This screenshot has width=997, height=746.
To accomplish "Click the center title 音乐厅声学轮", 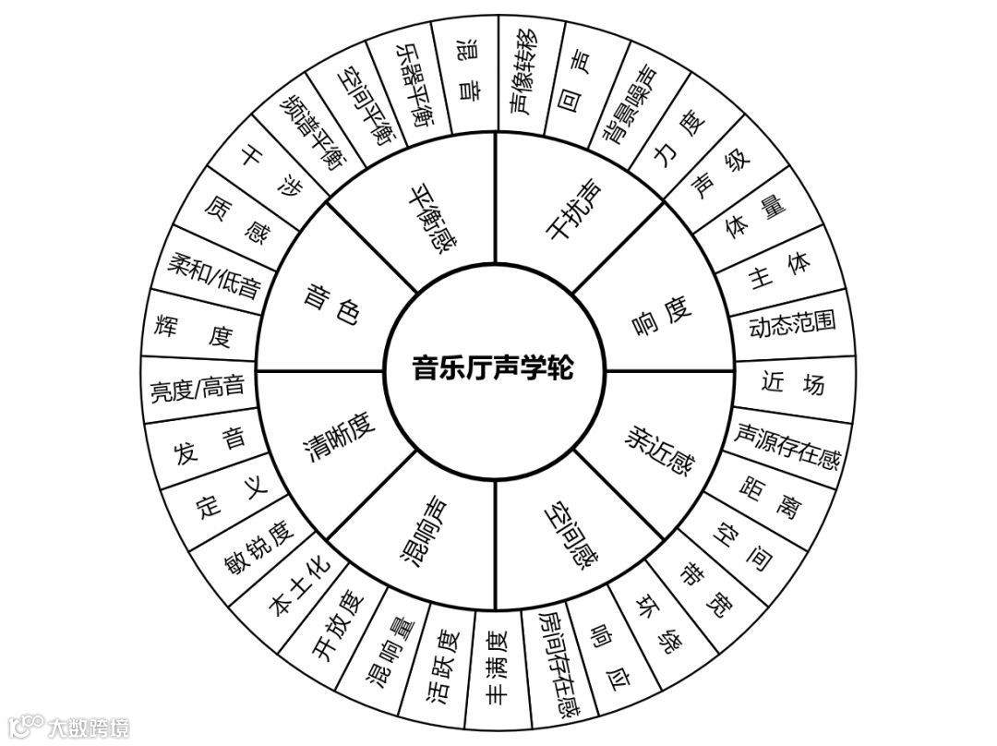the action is pos(493,369).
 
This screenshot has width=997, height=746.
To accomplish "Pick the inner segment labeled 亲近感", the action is pos(658,446).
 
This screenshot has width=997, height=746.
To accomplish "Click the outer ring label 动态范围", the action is pos(791,324).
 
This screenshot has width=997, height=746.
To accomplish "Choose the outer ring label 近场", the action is pos(793,382).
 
